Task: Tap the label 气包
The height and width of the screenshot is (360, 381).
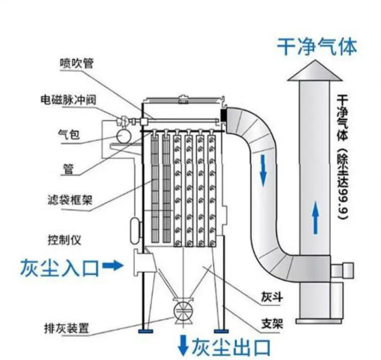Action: [x=69, y=135]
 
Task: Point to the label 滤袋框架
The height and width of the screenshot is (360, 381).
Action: [x=70, y=202]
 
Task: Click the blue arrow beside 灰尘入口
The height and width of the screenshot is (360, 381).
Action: [x=115, y=266]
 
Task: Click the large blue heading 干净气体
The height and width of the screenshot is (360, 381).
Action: [x=317, y=46]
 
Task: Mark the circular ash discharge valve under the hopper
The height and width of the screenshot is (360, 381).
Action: [x=184, y=310]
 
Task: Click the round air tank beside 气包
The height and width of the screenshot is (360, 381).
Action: [x=122, y=136]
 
